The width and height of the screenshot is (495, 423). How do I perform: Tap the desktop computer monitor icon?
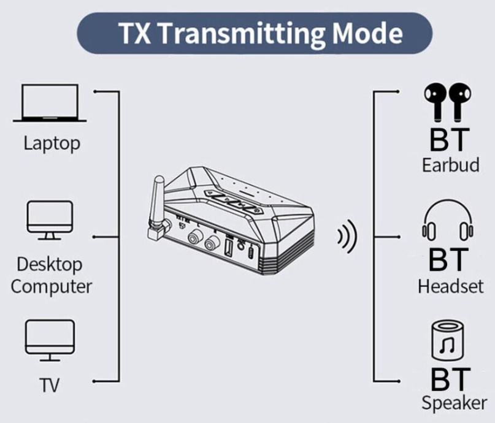[50, 219]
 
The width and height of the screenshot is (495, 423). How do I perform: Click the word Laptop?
[52, 144]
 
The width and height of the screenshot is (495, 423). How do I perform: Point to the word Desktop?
[50, 265]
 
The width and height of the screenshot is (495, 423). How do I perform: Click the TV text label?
[50, 385]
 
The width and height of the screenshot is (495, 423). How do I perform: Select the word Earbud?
[451, 165]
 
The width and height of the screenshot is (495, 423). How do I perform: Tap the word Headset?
[451, 286]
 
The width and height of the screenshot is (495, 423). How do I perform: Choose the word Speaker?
[454, 403]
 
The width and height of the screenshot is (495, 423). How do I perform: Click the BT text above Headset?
[450, 260]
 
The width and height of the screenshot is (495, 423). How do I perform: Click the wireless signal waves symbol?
[347, 238]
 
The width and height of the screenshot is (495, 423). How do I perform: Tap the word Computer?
[52, 286]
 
